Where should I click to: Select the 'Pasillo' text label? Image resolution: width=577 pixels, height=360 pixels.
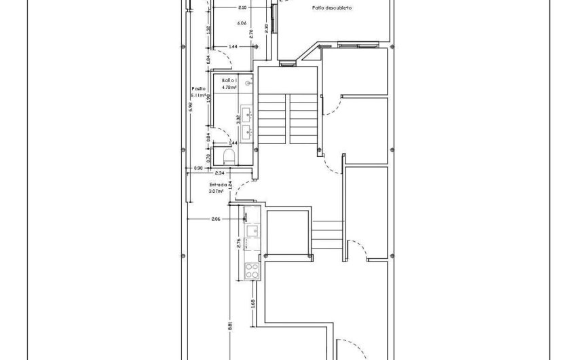198,88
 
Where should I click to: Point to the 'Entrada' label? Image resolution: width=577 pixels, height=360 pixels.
217,184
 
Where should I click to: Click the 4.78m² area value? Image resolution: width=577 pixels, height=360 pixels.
229,87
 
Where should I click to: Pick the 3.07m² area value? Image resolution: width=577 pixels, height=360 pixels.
217,192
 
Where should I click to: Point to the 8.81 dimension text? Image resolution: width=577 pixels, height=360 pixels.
231,325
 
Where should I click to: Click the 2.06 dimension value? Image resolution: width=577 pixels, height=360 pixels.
216,219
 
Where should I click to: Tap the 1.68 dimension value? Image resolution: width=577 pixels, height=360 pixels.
253,303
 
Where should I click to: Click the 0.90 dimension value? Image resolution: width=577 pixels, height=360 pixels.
198,168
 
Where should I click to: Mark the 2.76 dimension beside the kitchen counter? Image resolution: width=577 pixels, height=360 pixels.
238,244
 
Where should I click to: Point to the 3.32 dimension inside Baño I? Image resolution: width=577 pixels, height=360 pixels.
238,120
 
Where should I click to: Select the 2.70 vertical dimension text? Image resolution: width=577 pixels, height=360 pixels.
252,32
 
